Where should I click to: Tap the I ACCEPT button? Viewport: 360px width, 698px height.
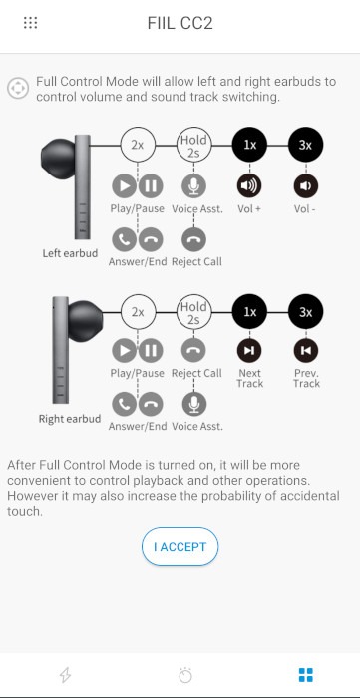(x=180, y=546)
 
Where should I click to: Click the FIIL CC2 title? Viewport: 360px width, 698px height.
(x=180, y=23)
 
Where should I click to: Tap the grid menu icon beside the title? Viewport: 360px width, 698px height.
(x=31, y=23)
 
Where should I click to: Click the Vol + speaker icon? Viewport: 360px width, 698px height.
(x=249, y=185)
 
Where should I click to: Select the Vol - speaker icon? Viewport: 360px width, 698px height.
(x=306, y=185)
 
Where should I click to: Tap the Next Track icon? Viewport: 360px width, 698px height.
(x=249, y=350)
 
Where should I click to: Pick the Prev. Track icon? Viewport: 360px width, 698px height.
(x=306, y=350)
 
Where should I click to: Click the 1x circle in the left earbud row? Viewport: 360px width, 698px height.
(x=249, y=145)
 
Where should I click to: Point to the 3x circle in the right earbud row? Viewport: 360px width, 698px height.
(x=306, y=311)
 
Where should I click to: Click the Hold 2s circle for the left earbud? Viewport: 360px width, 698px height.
(x=194, y=145)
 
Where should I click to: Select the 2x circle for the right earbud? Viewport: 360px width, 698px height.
(x=138, y=311)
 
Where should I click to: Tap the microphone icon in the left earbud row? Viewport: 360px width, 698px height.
(x=194, y=185)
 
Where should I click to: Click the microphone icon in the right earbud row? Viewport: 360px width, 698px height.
(x=194, y=403)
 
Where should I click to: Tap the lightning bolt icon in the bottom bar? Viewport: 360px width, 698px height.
(x=66, y=674)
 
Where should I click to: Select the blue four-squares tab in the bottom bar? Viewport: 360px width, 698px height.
(x=306, y=674)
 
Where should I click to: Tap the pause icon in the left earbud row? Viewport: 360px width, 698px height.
(x=151, y=185)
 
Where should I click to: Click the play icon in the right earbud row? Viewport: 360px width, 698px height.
(x=124, y=350)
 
